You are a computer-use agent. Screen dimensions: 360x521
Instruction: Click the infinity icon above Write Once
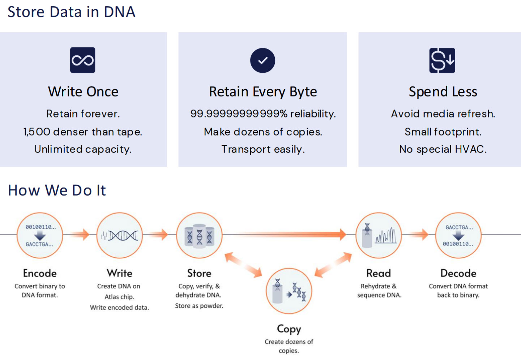click(82, 60)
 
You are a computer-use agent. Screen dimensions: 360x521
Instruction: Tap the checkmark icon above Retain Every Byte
click(262, 60)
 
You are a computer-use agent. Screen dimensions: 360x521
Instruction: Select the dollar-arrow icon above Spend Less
click(442, 60)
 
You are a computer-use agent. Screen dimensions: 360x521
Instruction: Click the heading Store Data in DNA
click(71, 12)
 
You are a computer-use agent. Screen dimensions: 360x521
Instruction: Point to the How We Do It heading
click(57, 190)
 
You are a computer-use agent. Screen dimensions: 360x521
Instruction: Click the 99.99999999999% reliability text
click(263, 114)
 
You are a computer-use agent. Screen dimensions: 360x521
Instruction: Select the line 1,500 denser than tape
click(83, 132)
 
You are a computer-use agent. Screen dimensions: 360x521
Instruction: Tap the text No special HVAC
click(443, 149)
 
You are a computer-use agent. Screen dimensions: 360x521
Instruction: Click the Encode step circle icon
click(40, 235)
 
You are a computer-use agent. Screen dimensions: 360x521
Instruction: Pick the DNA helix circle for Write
click(119, 235)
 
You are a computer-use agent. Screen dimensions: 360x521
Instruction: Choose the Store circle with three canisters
click(199, 235)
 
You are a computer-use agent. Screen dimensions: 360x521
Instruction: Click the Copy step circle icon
click(289, 291)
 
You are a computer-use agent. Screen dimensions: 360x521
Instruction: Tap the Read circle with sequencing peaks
click(379, 235)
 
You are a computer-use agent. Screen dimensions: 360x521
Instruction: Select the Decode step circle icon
click(458, 235)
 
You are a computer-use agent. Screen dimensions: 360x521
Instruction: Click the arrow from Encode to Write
click(80, 235)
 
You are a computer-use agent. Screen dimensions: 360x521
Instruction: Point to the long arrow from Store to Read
click(289, 235)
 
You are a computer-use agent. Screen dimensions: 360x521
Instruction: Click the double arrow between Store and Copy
click(243, 265)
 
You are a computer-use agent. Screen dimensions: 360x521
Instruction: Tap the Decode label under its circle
click(458, 273)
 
